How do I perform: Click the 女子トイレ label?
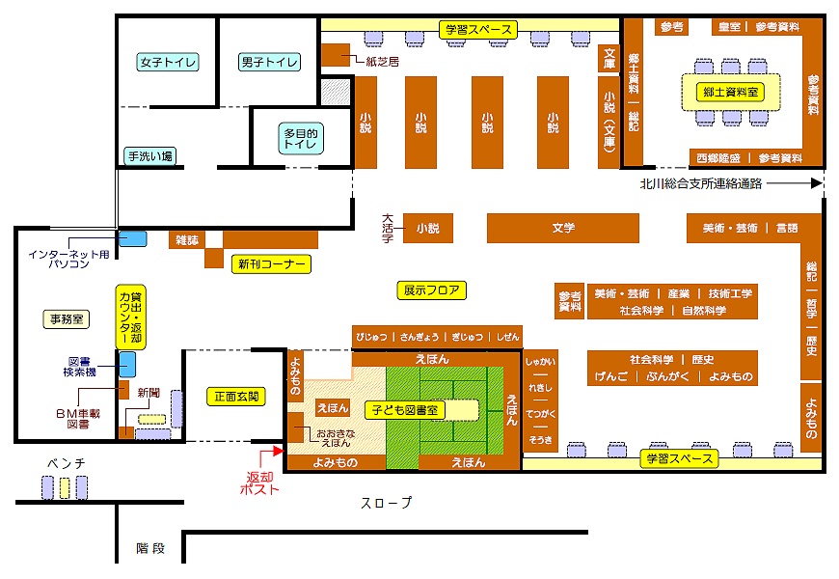pos(168,63)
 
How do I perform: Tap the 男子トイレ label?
pos(269,63)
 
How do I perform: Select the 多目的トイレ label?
pos(300,138)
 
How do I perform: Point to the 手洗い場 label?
pos(149,155)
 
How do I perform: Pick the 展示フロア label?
pos(430,289)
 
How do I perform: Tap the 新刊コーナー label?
pos(271,263)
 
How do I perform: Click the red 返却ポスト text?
pos(260,482)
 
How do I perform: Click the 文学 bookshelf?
pos(563,229)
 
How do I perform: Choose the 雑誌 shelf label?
pos(187,238)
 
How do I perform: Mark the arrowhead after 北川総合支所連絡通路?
pos(817,182)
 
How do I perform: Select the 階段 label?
pos(150,548)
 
